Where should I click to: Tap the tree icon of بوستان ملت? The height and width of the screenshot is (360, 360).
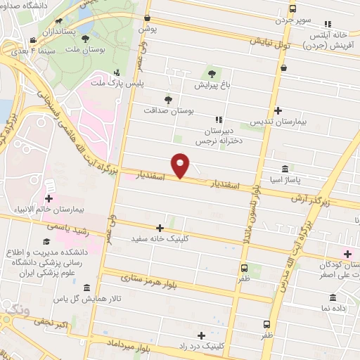tap(86, 39)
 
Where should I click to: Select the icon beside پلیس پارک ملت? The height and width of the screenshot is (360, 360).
tap(117, 72)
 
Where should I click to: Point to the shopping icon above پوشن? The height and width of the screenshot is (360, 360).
tap(147, 18)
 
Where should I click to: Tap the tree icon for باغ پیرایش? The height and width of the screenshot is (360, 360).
tap(212, 73)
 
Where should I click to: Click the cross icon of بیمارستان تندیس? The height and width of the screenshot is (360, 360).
tap(279, 110)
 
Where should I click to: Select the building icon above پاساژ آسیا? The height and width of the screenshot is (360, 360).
tap(285, 169)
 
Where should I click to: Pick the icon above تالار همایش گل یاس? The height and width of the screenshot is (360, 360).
tap(86, 288)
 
